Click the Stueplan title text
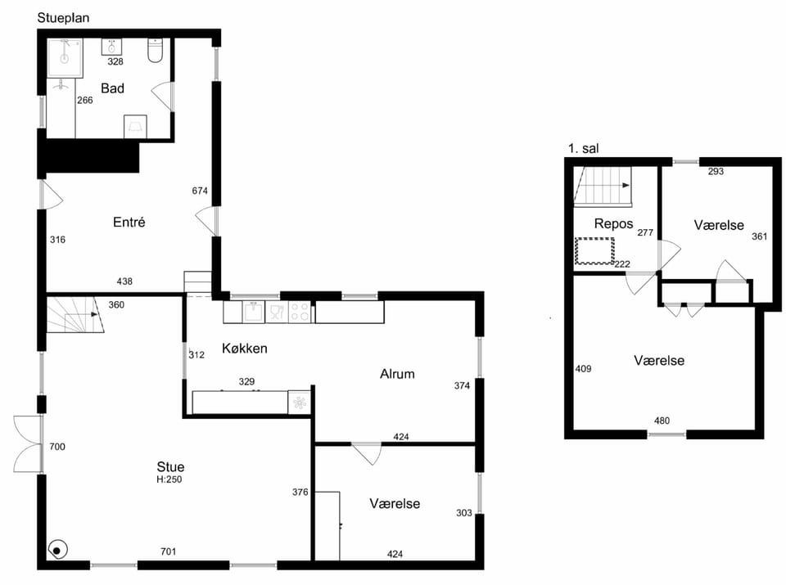click(x=63, y=18)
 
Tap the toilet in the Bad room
click(x=156, y=51)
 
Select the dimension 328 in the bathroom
click(x=115, y=61)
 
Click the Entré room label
click(x=129, y=222)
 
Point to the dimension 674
click(x=200, y=191)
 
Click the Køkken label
click(x=244, y=348)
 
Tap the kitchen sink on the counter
click(x=254, y=312)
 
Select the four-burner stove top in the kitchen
click(x=300, y=312)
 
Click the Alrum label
click(x=397, y=374)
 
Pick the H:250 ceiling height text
click(x=169, y=479)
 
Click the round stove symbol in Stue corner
click(x=57, y=551)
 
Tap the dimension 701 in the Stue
click(x=168, y=551)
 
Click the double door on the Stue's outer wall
click(x=28, y=443)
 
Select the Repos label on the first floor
click(x=613, y=223)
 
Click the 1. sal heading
click(x=583, y=148)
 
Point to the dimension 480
click(x=662, y=421)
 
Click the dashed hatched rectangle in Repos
click(x=594, y=251)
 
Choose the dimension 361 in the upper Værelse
click(x=760, y=236)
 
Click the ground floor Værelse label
click(x=395, y=503)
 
